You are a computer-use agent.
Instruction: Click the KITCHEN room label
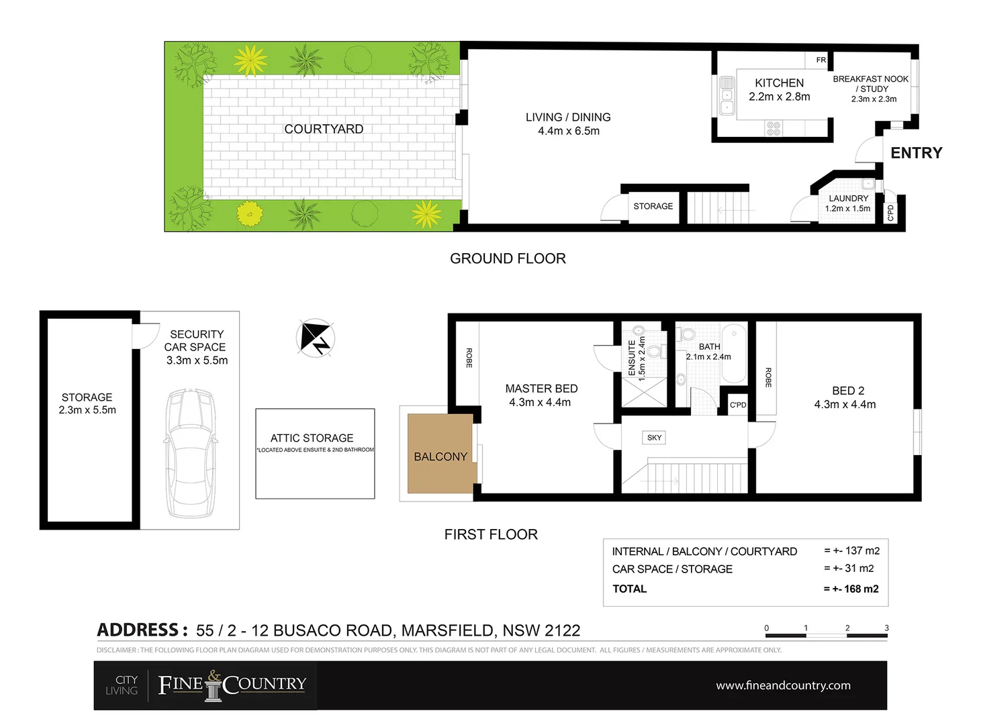[779, 83]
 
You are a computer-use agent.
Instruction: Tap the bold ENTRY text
[916, 153]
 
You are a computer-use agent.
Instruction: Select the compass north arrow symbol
[315, 338]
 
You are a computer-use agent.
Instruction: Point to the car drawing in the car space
[190, 453]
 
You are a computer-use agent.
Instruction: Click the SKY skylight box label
[654, 438]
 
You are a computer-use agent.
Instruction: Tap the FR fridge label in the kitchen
[821, 60]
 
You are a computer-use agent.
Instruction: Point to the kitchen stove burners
[774, 128]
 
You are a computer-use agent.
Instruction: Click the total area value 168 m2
[861, 589]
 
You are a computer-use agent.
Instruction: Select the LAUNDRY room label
[848, 199]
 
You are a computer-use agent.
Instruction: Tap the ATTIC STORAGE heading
[312, 438]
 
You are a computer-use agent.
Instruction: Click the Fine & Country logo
[232, 685]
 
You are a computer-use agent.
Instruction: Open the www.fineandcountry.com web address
[783, 685]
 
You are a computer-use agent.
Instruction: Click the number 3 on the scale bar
[886, 628]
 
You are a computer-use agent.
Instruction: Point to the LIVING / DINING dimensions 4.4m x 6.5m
[568, 132]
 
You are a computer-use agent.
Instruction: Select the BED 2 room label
[847, 391]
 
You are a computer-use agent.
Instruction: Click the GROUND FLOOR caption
[508, 258]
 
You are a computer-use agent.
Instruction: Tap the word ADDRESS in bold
[138, 630]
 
